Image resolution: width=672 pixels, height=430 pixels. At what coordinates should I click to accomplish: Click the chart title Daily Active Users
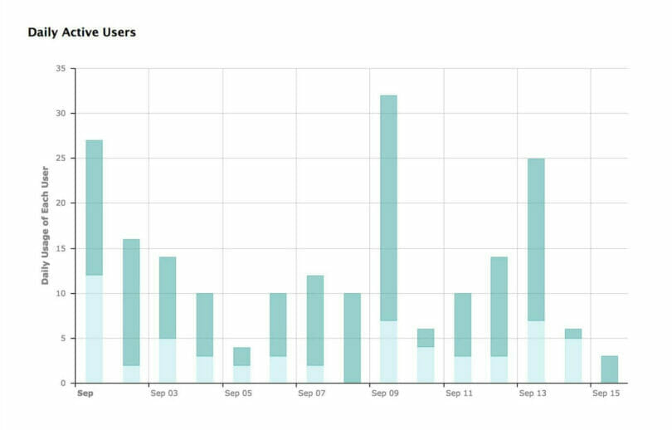(81, 32)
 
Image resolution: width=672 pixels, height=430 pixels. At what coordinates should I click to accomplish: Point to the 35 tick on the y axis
(60, 68)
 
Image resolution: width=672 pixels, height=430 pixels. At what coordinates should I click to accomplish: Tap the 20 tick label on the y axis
(60, 203)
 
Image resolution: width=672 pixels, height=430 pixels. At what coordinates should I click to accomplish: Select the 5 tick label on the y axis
(62, 338)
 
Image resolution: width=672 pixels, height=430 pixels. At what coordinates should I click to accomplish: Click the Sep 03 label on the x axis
(163, 393)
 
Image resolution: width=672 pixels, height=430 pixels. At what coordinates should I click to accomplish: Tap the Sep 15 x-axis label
(605, 393)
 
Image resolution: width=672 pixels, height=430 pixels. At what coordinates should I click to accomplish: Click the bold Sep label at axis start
(84, 393)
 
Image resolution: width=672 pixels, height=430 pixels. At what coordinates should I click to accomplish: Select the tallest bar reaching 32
(388, 208)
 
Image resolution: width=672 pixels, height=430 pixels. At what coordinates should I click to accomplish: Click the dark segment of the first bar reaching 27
(94, 208)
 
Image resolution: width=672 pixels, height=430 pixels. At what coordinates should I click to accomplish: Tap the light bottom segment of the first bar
(94, 329)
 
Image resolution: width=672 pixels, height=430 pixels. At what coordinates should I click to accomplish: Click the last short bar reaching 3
(609, 369)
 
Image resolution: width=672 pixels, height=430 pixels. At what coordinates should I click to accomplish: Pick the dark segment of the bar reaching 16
(131, 302)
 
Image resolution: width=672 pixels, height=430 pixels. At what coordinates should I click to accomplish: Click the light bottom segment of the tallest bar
(388, 351)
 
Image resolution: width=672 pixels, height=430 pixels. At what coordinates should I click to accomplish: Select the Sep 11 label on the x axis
(458, 393)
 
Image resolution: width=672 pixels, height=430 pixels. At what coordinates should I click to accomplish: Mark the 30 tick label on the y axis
(60, 113)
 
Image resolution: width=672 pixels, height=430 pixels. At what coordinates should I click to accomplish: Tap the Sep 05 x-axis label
(237, 393)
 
